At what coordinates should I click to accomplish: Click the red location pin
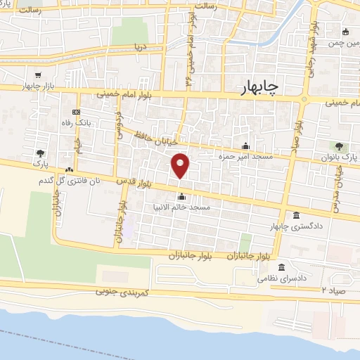[x=181, y=166]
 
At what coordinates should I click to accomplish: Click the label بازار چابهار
[x=38, y=85]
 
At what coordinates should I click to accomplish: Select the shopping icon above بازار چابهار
[x=39, y=75]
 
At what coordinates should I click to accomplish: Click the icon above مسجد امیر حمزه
[x=245, y=146]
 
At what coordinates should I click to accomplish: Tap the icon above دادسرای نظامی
[x=282, y=268]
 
